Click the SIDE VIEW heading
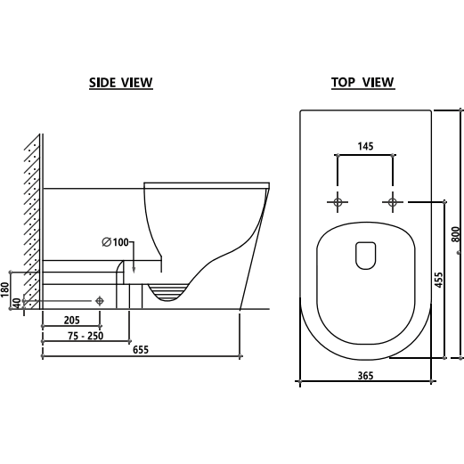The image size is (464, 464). pyautogui.click(x=121, y=83)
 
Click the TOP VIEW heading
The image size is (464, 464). pyautogui.click(x=362, y=83)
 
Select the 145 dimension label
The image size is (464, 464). pyautogui.click(x=365, y=145)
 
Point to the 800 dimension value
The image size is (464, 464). pyautogui.click(x=455, y=234)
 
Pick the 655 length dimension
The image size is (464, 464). pyautogui.click(x=140, y=350)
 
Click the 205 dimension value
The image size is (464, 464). pyautogui.click(x=73, y=320)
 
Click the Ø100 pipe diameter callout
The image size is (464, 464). pyautogui.click(x=117, y=242)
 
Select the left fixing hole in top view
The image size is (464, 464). pyautogui.click(x=338, y=202)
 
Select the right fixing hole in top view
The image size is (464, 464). pyautogui.click(x=392, y=202)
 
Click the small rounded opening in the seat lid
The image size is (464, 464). pyautogui.click(x=365, y=256)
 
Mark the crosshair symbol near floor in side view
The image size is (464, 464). pyautogui.click(x=100, y=300)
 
